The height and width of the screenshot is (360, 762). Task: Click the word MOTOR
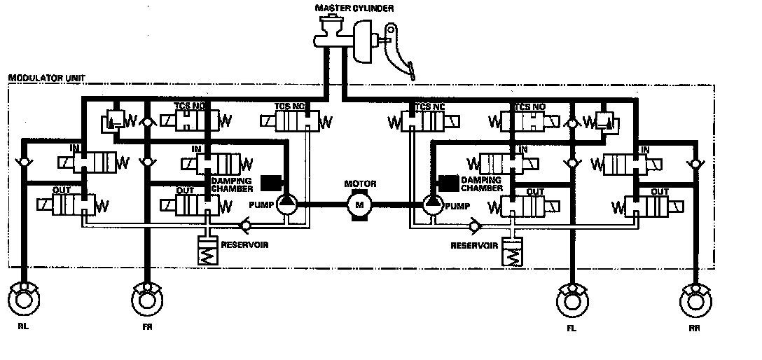(361, 184)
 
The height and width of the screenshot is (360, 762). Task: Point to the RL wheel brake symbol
(25, 298)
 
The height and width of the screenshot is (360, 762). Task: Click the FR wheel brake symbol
(147, 298)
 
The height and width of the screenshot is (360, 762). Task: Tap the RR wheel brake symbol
(696, 300)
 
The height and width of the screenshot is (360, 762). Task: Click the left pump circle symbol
(287, 204)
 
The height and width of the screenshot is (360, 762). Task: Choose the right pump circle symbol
(432, 204)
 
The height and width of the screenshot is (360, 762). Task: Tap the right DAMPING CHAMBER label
(483, 184)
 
